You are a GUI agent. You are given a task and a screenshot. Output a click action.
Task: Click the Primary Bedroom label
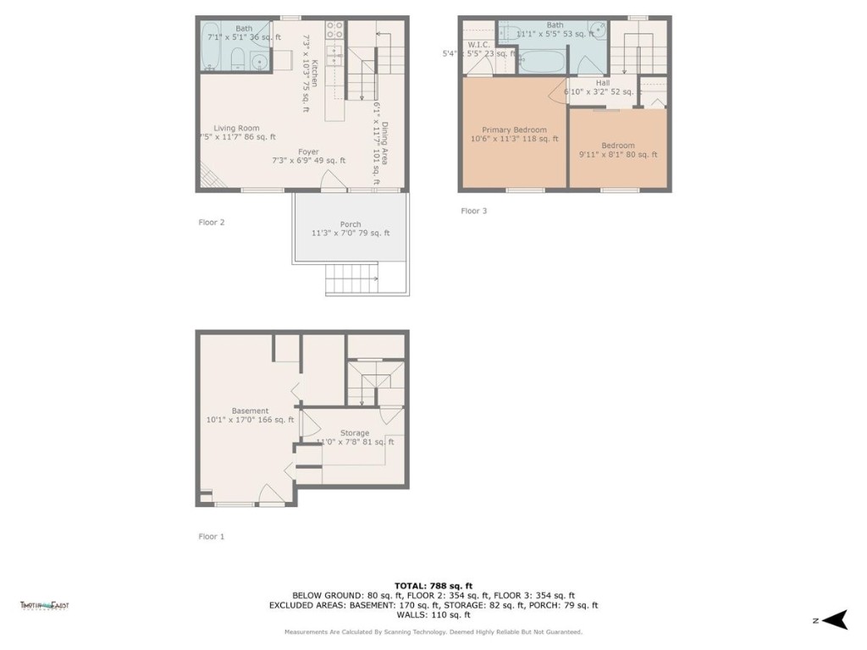pos(514,129)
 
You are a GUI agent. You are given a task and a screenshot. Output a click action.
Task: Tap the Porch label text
pos(351,224)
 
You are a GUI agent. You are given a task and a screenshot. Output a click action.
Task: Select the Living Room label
pos(235,128)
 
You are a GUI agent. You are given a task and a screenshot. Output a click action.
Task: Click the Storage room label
pos(354,432)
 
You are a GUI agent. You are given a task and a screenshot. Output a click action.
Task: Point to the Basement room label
pos(250,410)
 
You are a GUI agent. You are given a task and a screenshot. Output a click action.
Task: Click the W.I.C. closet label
pos(478,45)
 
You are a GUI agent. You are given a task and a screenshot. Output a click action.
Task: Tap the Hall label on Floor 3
pos(602,83)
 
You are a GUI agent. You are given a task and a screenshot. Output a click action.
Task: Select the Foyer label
pos(308,152)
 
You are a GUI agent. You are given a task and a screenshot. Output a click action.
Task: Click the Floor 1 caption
pos(212,536)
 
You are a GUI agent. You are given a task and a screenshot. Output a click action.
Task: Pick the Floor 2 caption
pos(212,222)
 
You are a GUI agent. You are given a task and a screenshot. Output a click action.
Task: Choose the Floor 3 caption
pos(473,211)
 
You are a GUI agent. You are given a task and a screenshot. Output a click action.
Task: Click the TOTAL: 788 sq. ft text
pos(433,585)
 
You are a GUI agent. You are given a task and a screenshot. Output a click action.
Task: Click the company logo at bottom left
pos(44,604)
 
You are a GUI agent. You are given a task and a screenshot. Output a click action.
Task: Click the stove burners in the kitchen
pos(334,30)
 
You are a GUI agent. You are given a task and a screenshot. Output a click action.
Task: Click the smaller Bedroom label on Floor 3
pos(617,146)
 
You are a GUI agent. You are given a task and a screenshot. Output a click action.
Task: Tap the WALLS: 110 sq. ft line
pos(433,614)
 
